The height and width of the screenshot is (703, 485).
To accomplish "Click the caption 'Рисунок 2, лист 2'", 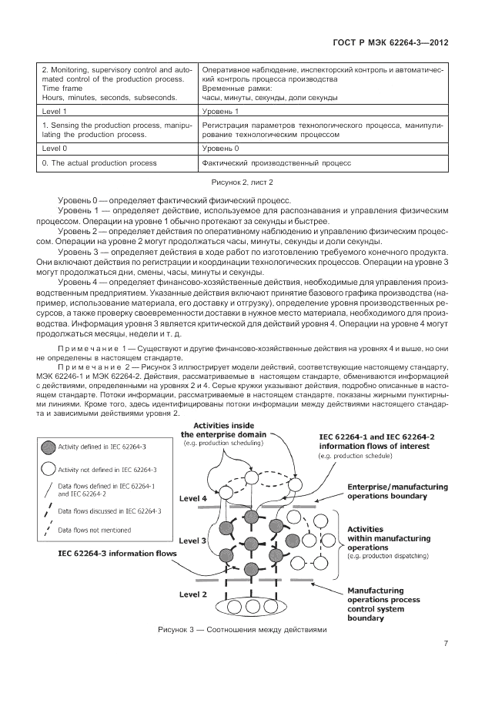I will pyautogui.click(x=242, y=182).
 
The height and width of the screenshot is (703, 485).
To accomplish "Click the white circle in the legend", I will pyautogui.click(x=48, y=469).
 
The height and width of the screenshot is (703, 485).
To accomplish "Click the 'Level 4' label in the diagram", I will pyautogui.click(x=193, y=499).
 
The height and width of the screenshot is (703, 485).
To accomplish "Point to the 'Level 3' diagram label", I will pyautogui.click(x=193, y=541).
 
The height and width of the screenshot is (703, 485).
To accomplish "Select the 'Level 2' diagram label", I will pyautogui.click(x=193, y=594).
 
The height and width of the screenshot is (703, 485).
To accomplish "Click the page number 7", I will pyautogui.click(x=447, y=644).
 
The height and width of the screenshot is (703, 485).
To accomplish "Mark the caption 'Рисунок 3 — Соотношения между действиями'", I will pyautogui.click(x=242, y=629).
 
